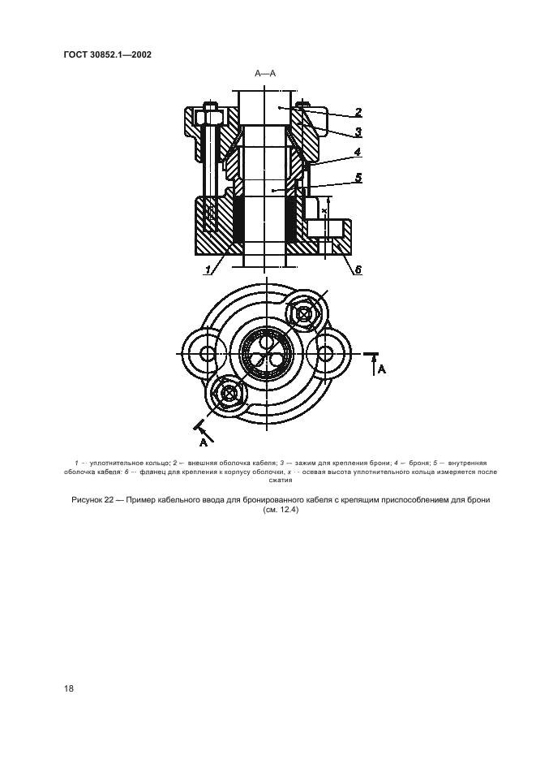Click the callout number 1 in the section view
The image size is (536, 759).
pos(208,270)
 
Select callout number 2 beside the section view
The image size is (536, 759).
pos(357,113)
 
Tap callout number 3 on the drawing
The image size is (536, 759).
pos(357,132)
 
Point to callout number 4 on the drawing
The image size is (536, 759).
pos(357,152)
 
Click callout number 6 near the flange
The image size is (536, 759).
pos(357,270)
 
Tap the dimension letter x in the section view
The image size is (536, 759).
pos(324,210)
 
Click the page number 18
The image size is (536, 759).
pos(69,688)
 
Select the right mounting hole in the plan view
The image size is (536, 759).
pos(326,353)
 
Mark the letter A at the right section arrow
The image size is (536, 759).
pos(382,369)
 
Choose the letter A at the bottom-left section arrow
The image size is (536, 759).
pos(204,443)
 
